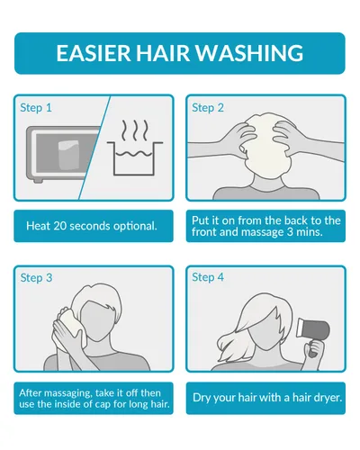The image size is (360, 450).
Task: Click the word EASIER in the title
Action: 94,53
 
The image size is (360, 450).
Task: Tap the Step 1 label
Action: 36,108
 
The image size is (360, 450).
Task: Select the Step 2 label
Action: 208,108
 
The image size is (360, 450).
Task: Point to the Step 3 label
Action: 36,278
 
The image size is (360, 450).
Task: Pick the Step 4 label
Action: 208,277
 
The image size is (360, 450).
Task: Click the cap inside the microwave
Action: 69,155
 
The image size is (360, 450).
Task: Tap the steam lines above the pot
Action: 135,130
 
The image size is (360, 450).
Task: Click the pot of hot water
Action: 135,158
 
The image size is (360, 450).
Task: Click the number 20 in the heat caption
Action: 60,226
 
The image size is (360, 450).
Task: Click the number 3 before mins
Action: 290,232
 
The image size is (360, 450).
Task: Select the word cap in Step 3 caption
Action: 103,405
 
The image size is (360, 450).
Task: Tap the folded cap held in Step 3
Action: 72,324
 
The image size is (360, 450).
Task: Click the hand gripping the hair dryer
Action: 315,349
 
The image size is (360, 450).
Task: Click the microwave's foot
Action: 38,181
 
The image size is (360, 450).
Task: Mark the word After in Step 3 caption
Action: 30,393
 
